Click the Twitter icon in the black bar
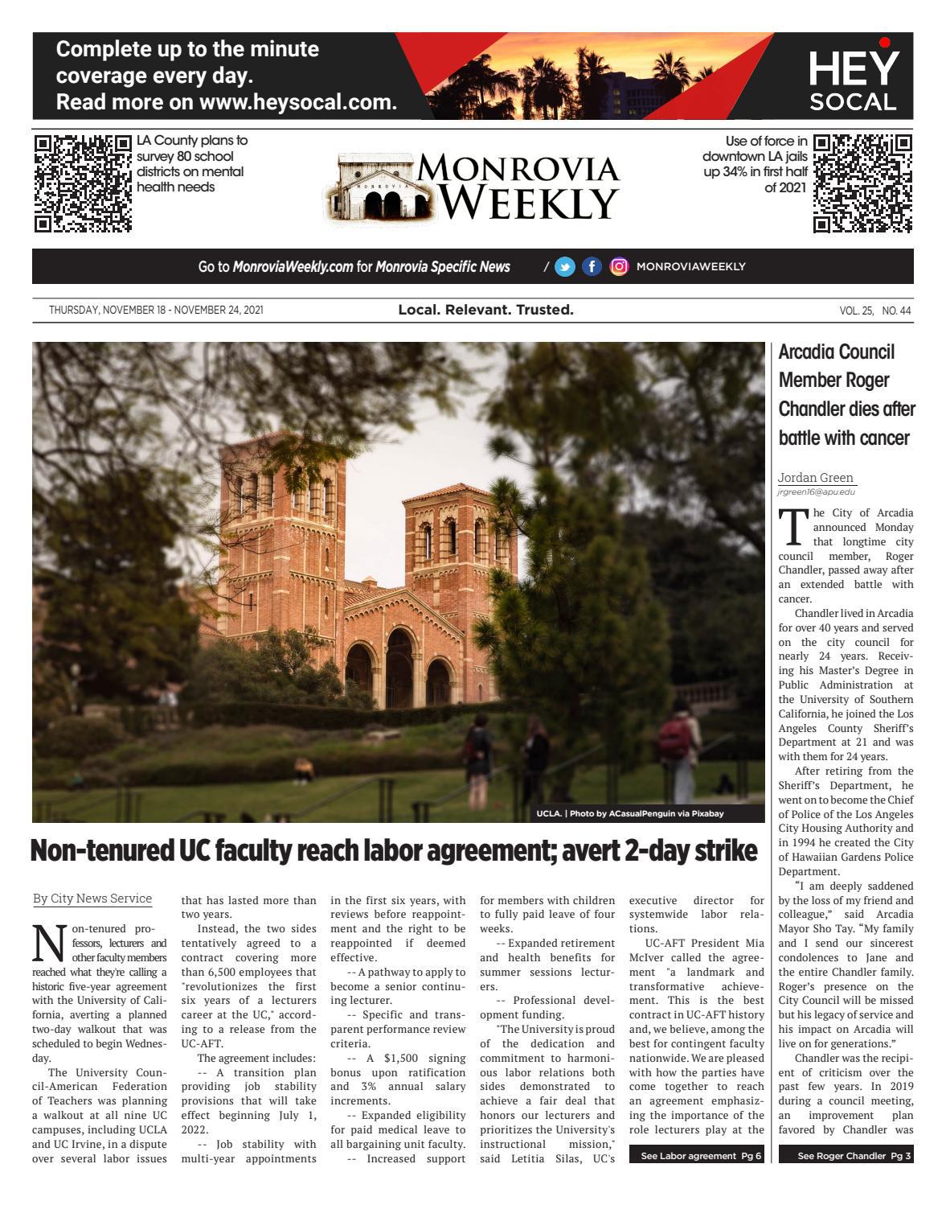click(565, 267)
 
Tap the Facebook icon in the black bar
click(592, 267)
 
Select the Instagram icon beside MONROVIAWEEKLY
click(618, 267)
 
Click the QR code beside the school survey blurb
click(83, 183)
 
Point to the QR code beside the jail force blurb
click(862, 183)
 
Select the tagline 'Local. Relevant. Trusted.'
click(485, 310)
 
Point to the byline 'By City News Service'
click(92, 899)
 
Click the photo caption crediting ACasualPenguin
click(630, 813)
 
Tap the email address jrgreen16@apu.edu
click(812, 491)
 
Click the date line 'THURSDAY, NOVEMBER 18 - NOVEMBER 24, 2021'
click(156, 311)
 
